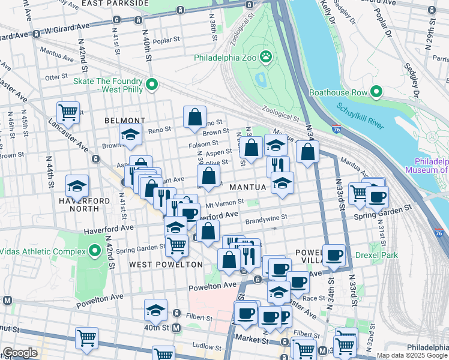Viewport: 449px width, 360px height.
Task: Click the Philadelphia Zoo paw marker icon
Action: [x=266, y=58]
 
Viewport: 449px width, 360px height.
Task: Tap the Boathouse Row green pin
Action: [x=376, y=92]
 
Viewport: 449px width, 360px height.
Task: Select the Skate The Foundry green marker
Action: [x=151, y=85]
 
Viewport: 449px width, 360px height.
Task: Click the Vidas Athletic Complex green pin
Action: [x=94, y=250]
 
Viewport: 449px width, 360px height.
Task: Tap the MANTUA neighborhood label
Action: [x=246, y=187]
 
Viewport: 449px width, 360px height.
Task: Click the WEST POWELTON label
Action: [x=157, y=264]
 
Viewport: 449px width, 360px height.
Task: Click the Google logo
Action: [x=20, y=353]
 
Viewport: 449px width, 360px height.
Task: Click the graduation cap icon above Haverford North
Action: [x=77, y=185]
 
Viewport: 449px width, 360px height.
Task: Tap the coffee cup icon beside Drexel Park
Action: [x=334, y=254]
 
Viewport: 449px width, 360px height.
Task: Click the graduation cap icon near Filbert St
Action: [x=155, y=310]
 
